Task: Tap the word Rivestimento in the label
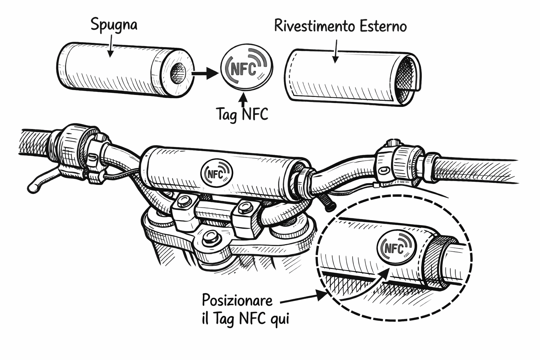tap(314, 26)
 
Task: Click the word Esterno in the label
tap(383, 26)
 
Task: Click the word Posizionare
tap(237, 301)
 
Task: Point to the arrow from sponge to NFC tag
tap(205, 73)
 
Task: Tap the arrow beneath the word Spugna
tap(110, 46)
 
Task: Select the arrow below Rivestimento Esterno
tap(336, 51)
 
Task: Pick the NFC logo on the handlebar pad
tap(217, 173)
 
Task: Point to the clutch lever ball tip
tap(32, 188)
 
